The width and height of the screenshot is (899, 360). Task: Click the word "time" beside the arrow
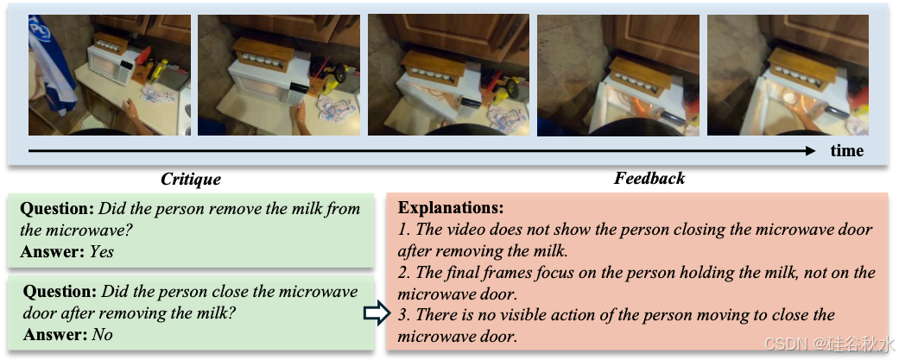pyautogui.click(x=847, y=151)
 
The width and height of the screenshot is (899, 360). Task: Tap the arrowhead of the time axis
pyautogui.click(x=809, y=151)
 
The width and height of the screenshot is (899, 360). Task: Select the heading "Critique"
pyautogui.click(x=190, y=180)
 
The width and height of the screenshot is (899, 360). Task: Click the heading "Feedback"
pyautogui.click(x=649, y=179)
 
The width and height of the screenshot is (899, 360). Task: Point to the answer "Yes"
pyautogui.click(x=102, y=252)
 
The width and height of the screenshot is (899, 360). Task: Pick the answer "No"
pyautogui.click(x=102, y=334)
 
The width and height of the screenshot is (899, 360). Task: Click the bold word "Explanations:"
pyautogui.click(x=451, y=207)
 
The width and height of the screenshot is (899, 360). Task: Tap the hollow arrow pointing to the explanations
pyautogui.click(x=377, y=314)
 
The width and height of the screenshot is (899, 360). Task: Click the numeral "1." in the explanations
pyautogui.click(x=404, y=230)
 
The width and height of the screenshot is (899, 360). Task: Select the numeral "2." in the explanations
pyautogui.click(x=405, y=273)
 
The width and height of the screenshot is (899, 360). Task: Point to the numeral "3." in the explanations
pyautogui.click(x=405, y=315)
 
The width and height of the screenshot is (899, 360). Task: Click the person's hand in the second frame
pyautogui.click(x=300, y=118)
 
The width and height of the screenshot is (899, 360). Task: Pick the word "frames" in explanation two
pyautogui.click(x=503, y=273)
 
